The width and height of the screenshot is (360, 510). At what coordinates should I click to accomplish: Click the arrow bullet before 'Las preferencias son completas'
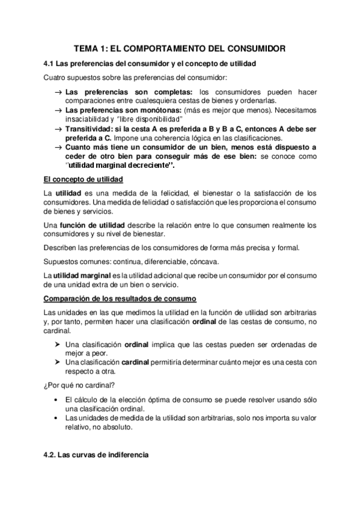pyautogui.click(x=58, y=91)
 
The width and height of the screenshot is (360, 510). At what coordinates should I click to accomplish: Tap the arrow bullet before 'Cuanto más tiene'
pyautogui.click(x=58, y=147)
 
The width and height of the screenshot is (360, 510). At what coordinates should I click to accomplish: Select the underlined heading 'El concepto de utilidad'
pyautogui.click(x=84, y=179)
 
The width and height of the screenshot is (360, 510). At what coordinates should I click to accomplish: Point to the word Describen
pyautogui.click(x=63, y=248)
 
